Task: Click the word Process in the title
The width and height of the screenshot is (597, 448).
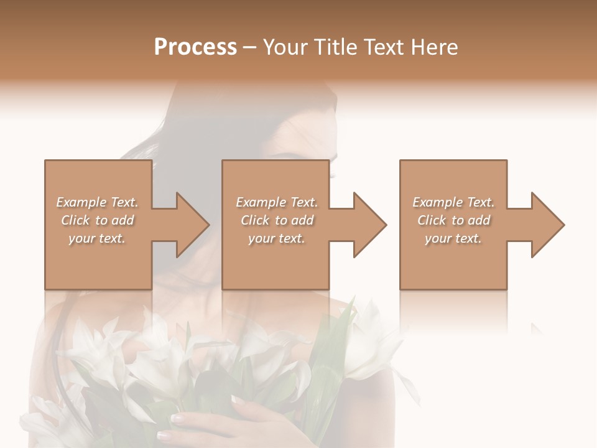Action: [x=195, y=47]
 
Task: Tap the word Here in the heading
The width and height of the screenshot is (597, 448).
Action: [x=434, y=47]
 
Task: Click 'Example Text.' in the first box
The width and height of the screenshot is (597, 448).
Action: [x=97, y=202]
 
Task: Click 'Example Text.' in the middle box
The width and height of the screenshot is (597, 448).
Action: [x=277, y=202]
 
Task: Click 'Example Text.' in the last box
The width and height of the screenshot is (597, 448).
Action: [x=453, y=202]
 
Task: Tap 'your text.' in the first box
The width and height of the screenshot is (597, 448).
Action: [x=97, y=238]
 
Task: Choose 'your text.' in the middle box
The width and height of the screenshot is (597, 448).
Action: [x=277, y=238]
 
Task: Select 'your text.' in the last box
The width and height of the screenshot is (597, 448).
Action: [x=453, y=238]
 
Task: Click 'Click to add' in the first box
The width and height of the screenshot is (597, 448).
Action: [x=97, y=220]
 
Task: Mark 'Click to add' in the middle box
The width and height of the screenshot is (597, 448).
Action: [x=277, y=220]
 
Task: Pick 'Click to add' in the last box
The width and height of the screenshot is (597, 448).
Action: [x=453, y=220]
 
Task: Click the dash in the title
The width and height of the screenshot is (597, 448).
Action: [x=250, y=49]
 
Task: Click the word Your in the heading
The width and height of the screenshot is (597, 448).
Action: [x=286, y=47]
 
